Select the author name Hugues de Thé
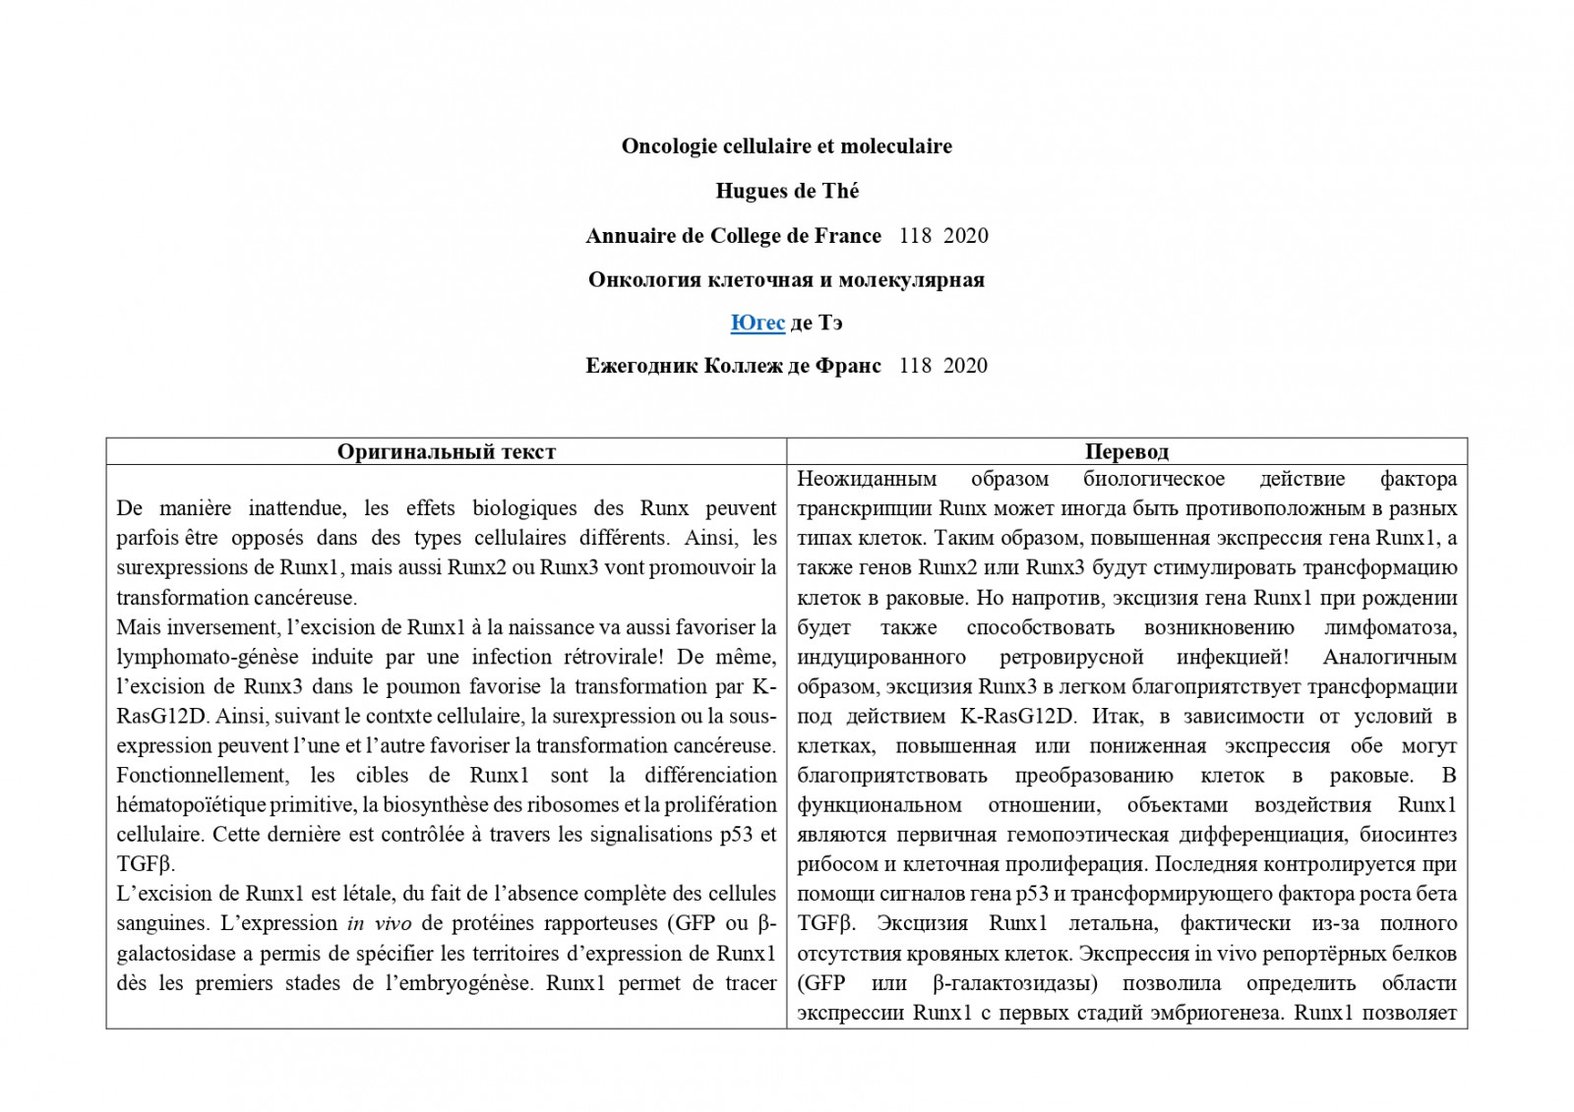tap(787, 191)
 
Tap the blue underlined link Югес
tap(757, 322)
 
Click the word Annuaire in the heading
tap(627, 236)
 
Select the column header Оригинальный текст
tap(447, 451)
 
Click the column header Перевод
tap(1126, 451)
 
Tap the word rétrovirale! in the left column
tap(607, 657)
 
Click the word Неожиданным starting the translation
tap(866, 479)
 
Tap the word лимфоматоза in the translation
tap(1389, 627)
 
